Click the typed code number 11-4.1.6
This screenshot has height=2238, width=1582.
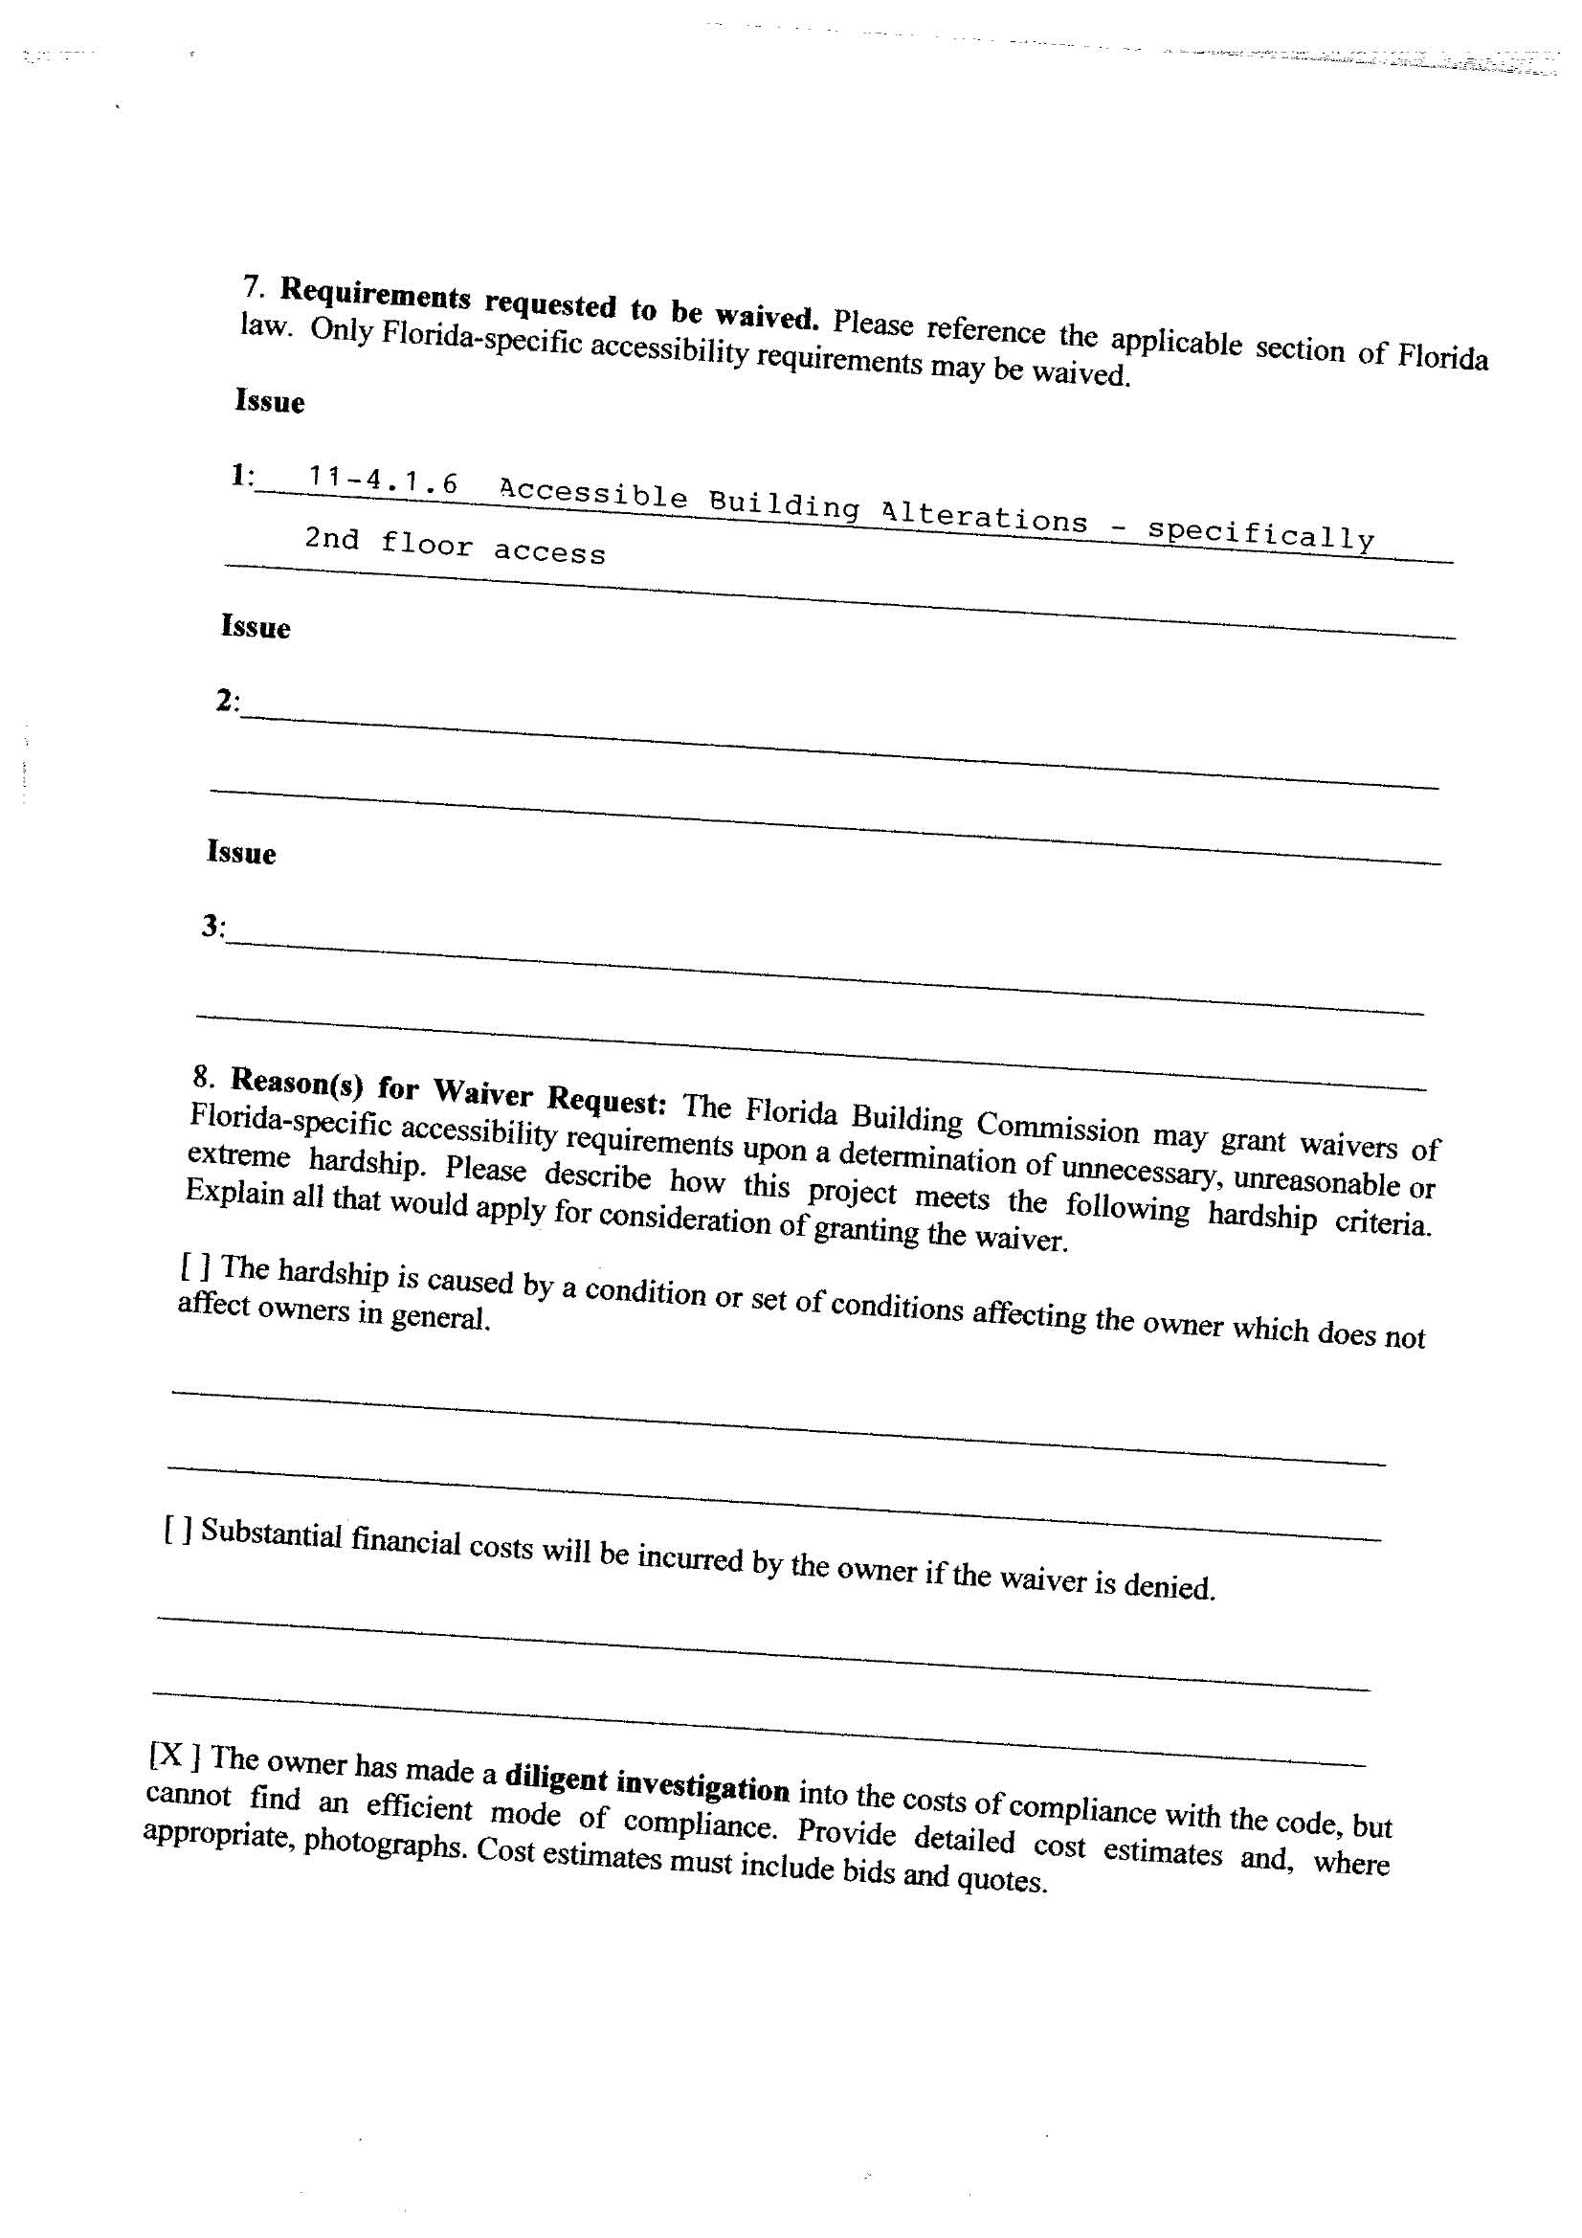click(x=383, y=481)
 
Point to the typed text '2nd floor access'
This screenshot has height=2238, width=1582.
click(x=455, y=546)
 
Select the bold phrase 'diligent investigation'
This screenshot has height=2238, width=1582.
click(x=647, y=1782)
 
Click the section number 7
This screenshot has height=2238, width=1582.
click(x=253, y=286)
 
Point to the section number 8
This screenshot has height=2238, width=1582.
click(x=203, y=1076)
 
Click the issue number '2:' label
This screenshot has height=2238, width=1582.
click(x=227, y=701)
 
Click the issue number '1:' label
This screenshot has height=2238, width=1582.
click(x=242, y=476)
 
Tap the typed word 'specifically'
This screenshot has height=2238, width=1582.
click(x=1259, y=533)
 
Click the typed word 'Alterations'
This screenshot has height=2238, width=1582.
click(x=984, y=515)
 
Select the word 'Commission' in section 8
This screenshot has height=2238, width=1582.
click(x=1058, y=1128)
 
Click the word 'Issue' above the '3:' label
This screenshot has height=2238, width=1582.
click(x=241, y=853)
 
